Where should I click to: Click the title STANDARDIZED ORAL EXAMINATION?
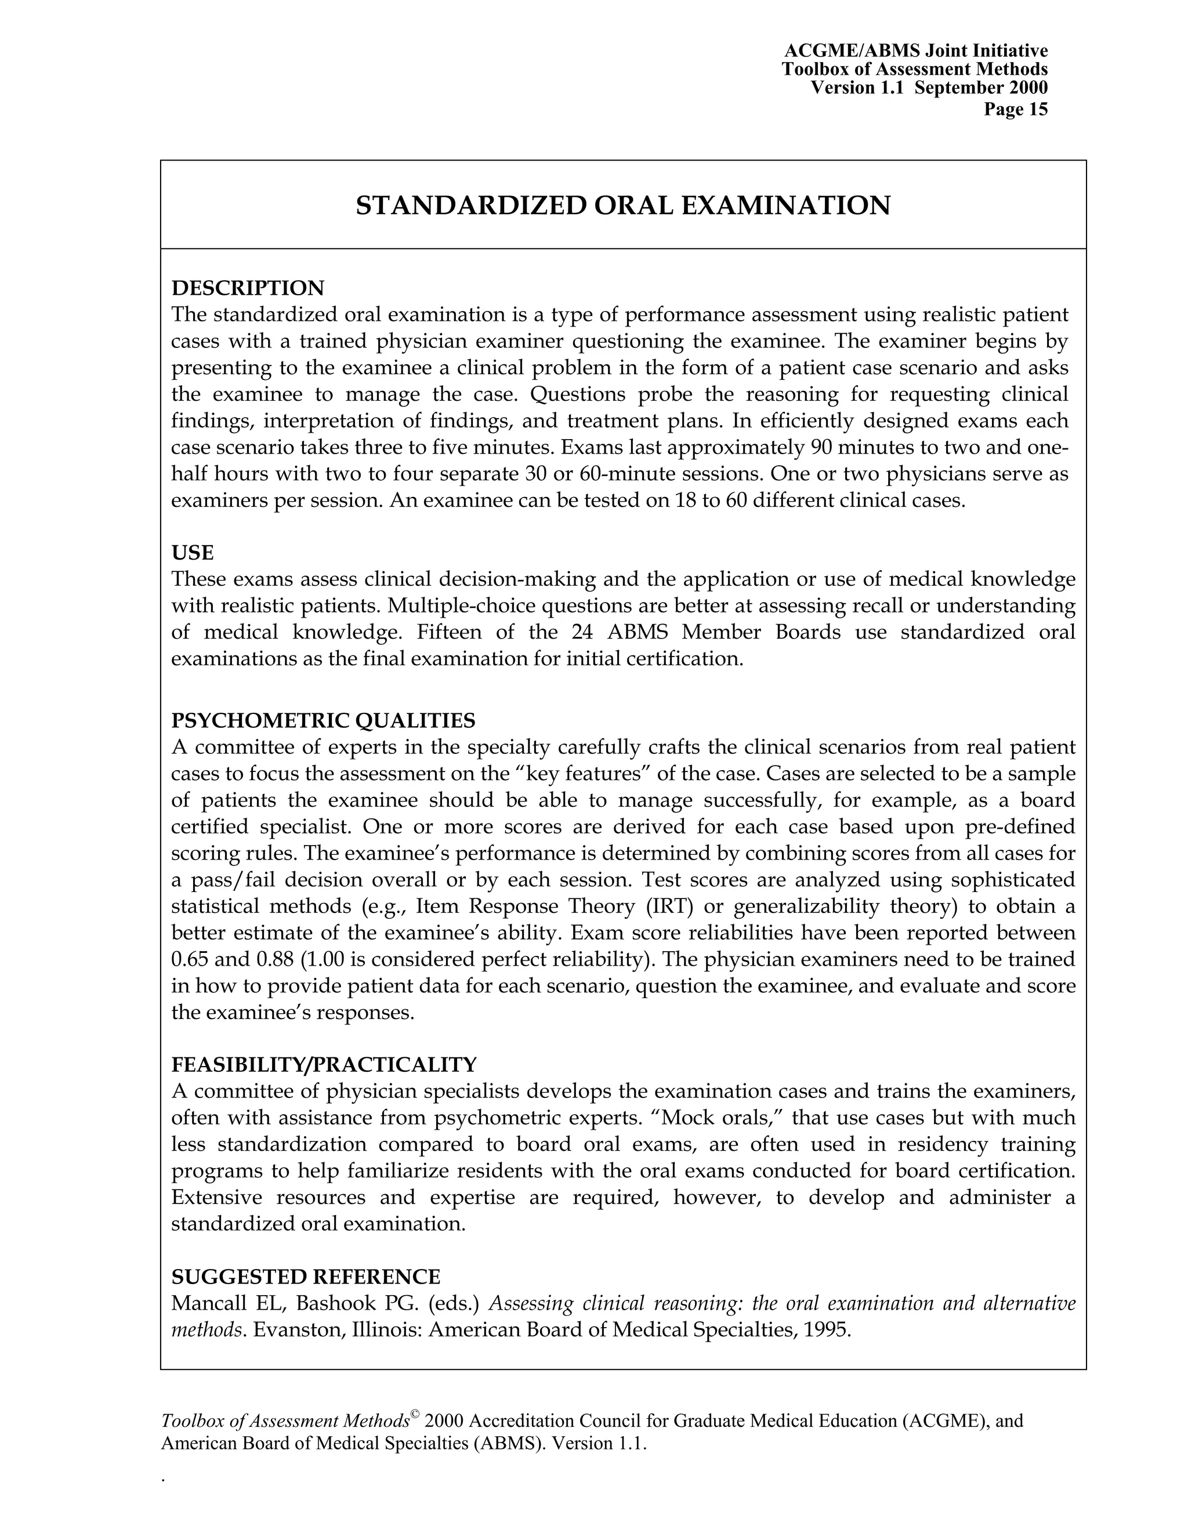[x=623, y=205]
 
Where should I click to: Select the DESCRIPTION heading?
[x=248, y=288]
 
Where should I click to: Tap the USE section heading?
[x=192, y=552]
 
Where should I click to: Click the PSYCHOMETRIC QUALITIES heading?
[x=323, y=720]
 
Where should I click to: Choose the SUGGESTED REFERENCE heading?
[x=306, y=1277]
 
